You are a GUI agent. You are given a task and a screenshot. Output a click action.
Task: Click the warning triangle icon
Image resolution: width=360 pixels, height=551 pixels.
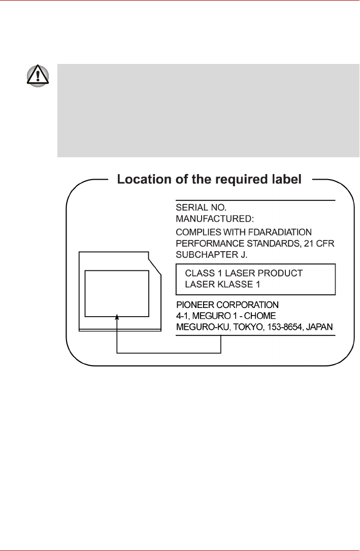[x=38, y=76]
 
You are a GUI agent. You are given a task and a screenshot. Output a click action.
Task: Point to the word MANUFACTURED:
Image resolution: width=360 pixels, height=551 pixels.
[x=214, y=219]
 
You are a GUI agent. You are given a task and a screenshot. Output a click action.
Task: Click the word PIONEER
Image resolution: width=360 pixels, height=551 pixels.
[x=193, y=305]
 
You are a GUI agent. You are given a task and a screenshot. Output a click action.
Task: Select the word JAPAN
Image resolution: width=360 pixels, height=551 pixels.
[x=320, y=327]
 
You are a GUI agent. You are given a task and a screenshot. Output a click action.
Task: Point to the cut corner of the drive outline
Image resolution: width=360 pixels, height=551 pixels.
[x=155, y=263]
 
